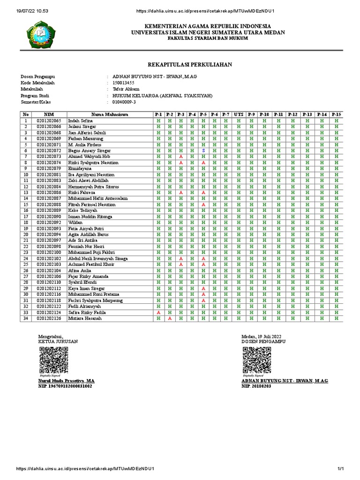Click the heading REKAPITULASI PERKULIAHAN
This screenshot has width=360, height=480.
click(180, 64)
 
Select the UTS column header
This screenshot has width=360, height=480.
click(238, 114)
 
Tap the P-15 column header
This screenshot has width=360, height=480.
click(336, 114)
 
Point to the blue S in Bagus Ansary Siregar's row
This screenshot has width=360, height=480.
click(203, 150)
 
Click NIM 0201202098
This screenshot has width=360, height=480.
click(49, 246)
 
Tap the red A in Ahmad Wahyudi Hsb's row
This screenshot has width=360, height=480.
click(181, 157)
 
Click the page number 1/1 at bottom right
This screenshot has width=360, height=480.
click(341, 469)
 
